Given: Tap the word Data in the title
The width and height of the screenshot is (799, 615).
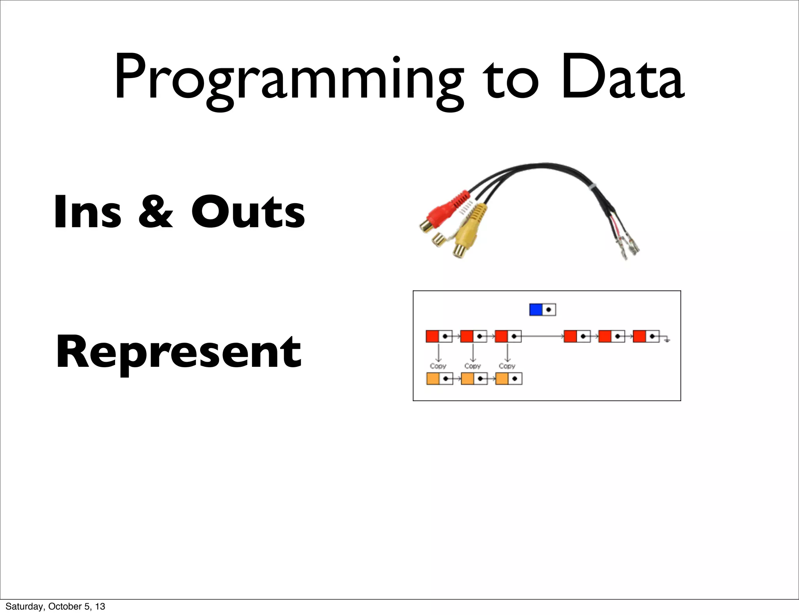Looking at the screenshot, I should tap(622, 78).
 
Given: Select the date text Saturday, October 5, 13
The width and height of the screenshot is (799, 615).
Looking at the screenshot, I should tap(55, 606).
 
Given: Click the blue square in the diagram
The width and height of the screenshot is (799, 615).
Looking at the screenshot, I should tap(536, 310).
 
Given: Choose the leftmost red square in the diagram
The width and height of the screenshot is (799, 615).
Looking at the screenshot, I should tap(432, 336).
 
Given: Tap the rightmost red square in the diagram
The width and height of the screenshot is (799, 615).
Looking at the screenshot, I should tap(639, 336).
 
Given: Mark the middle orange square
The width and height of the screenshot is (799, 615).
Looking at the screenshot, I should tap(467, 379).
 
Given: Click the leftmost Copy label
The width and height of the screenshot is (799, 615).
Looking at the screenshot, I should tap(438, 366).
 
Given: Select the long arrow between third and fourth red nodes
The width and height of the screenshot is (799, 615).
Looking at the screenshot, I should tap(542, 336).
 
